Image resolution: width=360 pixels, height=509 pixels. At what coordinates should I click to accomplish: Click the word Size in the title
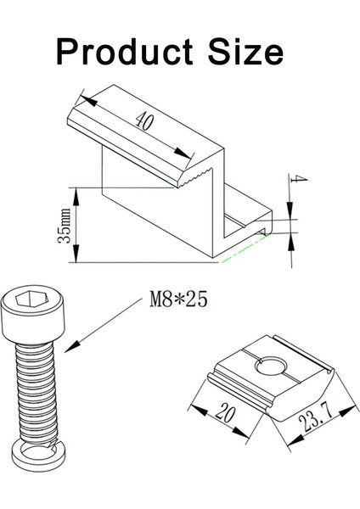coord(245,52)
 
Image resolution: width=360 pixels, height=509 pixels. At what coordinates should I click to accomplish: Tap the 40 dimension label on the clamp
coord(144,120)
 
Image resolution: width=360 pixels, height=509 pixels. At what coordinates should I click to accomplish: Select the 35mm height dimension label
coord(64,226)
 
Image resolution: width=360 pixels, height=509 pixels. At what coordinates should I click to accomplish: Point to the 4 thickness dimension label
coord(299,179)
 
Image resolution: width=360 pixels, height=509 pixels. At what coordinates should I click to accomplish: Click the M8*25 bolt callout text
coord(178,299)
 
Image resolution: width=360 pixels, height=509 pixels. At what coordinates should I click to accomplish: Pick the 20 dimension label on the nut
coord(225,412)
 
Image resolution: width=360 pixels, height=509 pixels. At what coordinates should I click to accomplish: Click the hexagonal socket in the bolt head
coord(29,298)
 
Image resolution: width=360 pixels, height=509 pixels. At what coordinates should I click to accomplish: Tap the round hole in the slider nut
coord(270,366)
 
